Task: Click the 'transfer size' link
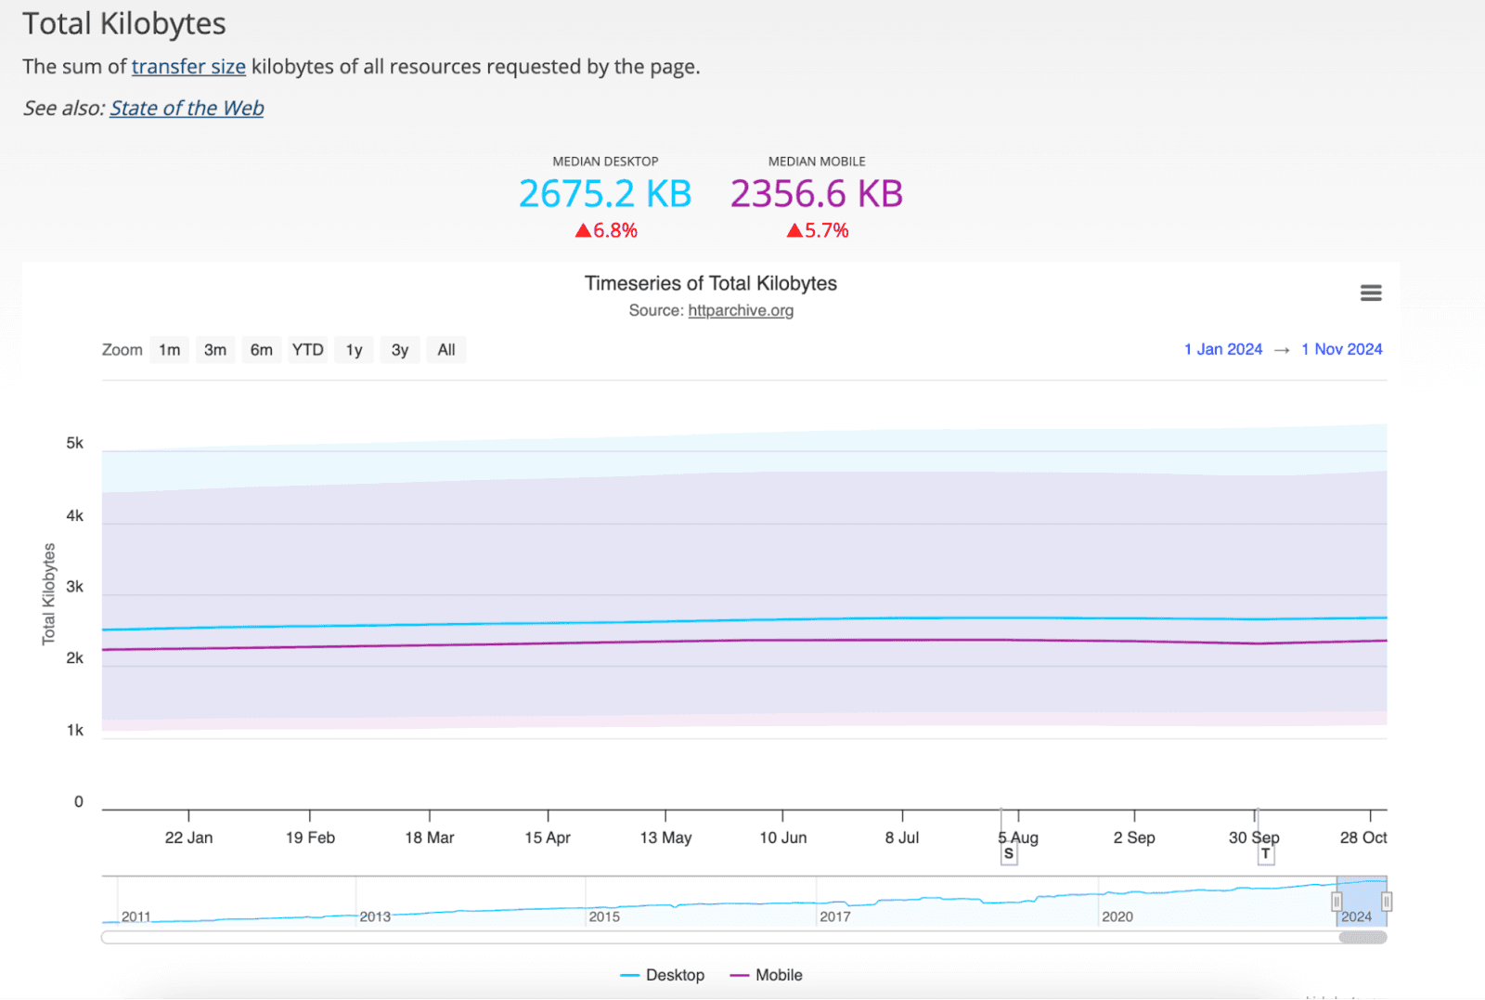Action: pyautogui.click(x=188, y=67)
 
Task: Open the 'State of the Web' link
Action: pyautogui.click(x=187, y=109)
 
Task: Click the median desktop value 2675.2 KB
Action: pyautogui.click(x=605, y=194)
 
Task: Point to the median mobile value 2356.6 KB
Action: pyautogui.click(x=816, y=194)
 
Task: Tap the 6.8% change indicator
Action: pyautogui.click(x=606, y=230)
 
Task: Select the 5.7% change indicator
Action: pyautogui.click(x=818, y=230)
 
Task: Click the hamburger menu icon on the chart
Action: pyautogui.click(x=1370, y=293)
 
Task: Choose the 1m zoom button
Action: pyautogui.click(x=169, y=350)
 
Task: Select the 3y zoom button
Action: pyautogui.click(x=399, y=350)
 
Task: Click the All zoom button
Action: pyautogui.click(x=445, y=350)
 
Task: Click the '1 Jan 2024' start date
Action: pyautogui.click(x=1222, y=349)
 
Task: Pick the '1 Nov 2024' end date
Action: pyautogui.click(x=1341, y=349)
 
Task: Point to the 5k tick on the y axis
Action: pyautogui.click(x=74, y=443)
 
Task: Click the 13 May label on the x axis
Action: pyautogui.click(x=665, y=838)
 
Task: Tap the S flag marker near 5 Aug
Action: pyautogui.click(x=1009, y=854)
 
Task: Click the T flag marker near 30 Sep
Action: pyautogui.click(x=1265, y=854)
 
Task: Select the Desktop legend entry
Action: pyautogui.click(x=663, y=975)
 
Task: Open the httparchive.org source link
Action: pyautogui.click(x=740, y=310)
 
